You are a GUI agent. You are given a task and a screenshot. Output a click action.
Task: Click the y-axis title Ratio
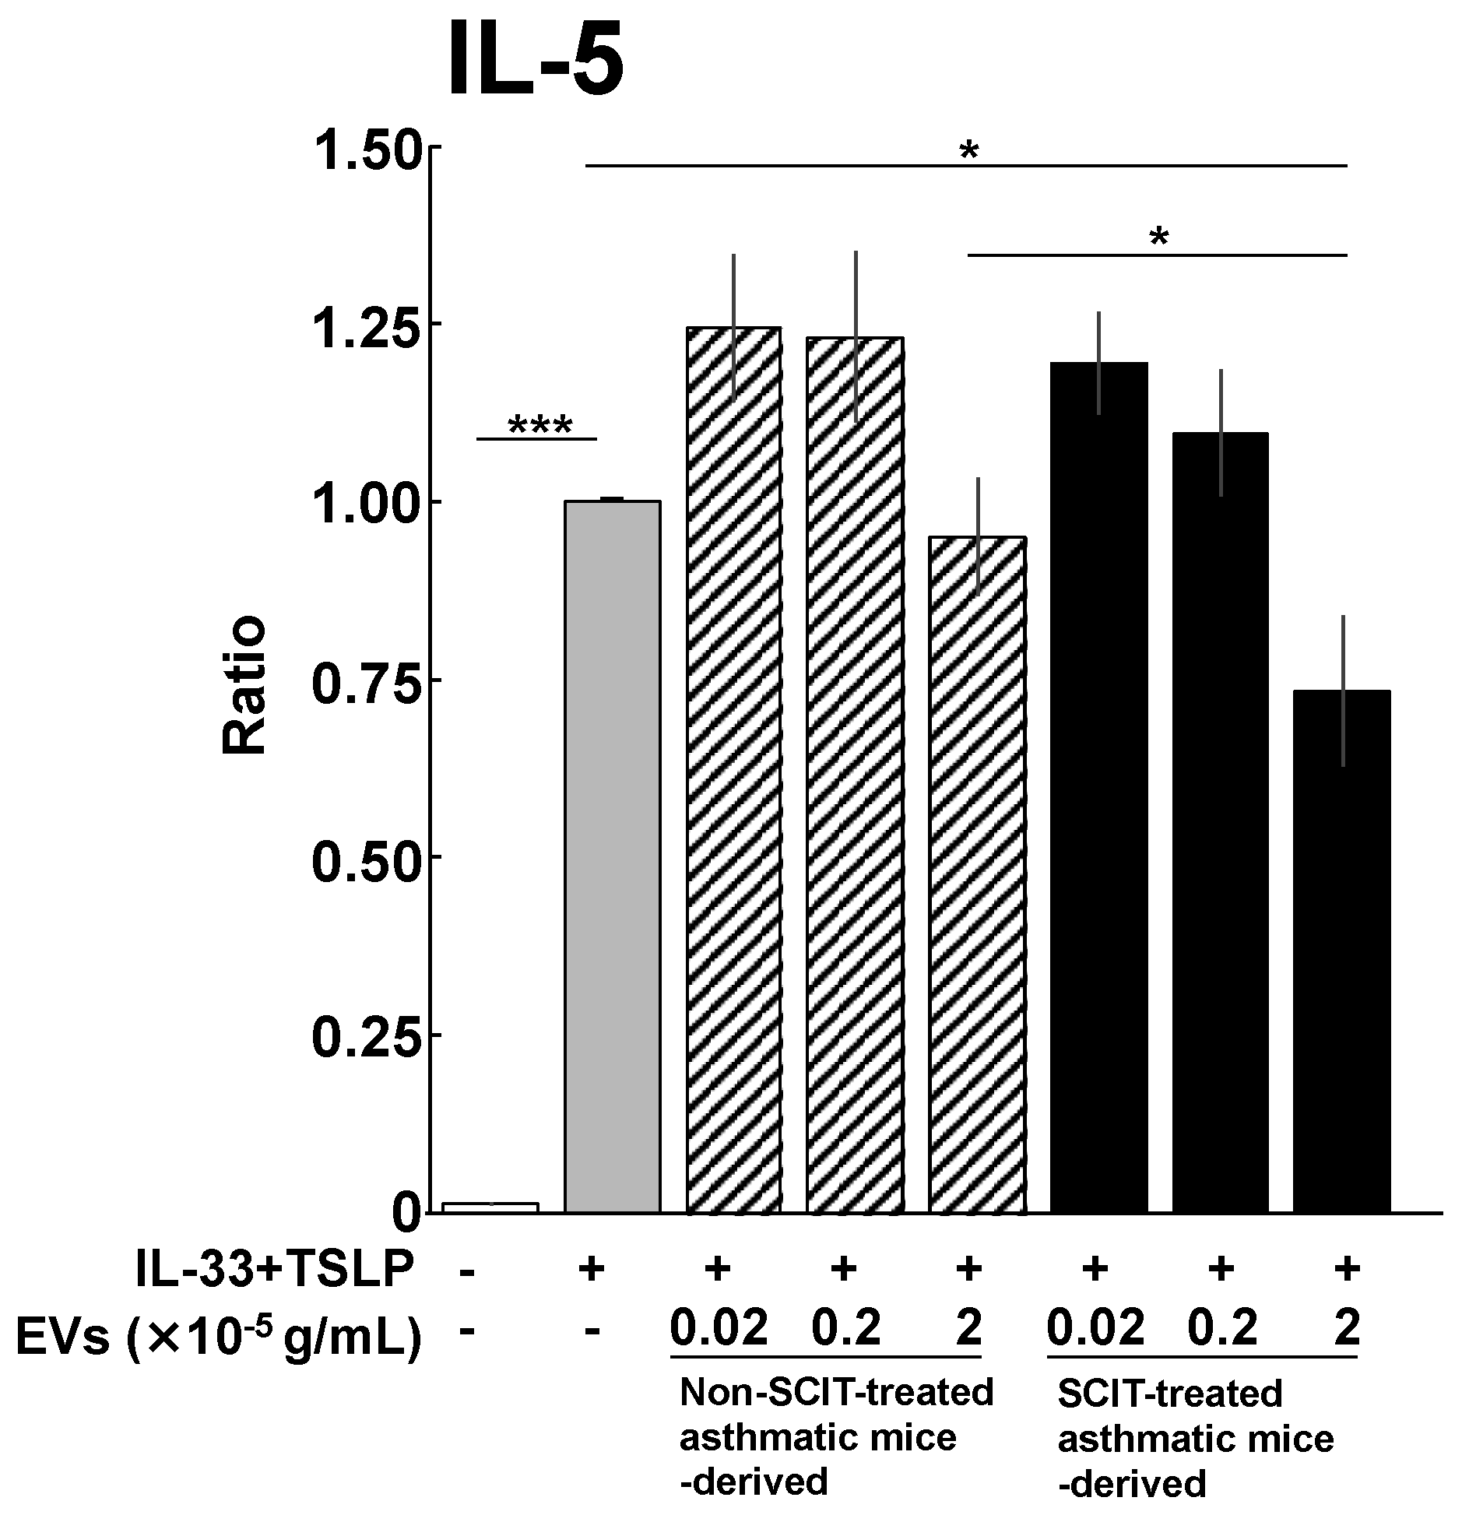tap(244, 685)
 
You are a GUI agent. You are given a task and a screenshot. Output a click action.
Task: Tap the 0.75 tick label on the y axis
tap(365, 680)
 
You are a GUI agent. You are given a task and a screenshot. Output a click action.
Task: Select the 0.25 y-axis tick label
tap(365, 1035)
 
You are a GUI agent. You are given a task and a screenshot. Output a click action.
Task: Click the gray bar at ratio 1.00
tap(612, 856)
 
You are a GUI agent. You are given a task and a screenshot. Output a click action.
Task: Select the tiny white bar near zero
tap(490, 1207)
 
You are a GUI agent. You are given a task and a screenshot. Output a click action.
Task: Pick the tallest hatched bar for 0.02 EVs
tap(733, 771)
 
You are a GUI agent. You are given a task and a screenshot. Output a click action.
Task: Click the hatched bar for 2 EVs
tap(978, 872)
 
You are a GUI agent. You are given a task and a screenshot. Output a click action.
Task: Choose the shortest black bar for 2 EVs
tap(1341, 950)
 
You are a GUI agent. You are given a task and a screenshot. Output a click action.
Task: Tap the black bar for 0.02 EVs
tap(1098, 786)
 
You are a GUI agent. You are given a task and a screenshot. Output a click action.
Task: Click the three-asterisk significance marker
tap(539, 426)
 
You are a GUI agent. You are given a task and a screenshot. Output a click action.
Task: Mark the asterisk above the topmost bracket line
tap(968, 150)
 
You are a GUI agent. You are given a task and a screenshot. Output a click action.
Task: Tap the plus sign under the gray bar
tap(592, 1271)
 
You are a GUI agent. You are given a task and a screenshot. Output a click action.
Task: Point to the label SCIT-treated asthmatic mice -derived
tap(1195, 1439)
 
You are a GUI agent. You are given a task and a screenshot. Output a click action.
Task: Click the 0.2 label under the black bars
tap(1221, 1328)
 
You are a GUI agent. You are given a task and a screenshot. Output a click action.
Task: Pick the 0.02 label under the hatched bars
tap(719, 1328)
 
